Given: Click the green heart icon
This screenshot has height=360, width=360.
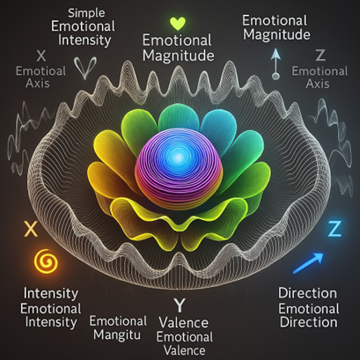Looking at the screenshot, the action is (x=178, y=24).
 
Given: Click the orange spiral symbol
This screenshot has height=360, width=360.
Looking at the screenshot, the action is (x=46, y=260).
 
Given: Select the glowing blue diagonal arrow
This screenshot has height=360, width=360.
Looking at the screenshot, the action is (x=308, y=263).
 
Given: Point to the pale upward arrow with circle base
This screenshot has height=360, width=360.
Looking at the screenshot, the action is (x=276, y=64).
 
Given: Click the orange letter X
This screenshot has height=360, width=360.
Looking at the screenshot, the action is (x=32, y=229).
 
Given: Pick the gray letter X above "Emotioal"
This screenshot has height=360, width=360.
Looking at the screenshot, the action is (x=41, y=55).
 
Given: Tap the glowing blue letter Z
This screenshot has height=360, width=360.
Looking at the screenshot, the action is (x=334, y=229).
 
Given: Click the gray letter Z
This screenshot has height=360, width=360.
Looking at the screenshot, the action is (x=320, y=55).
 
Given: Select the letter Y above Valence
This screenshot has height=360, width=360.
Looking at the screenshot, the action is (x=180, y=305).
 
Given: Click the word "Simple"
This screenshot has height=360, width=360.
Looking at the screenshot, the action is (x=86, y=13).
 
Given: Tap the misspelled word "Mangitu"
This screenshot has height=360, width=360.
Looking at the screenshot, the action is (x=117, y=334).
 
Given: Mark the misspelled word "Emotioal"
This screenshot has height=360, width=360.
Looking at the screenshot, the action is (x=40, y=71).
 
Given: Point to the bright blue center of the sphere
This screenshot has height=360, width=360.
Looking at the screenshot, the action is (x=178, y=158).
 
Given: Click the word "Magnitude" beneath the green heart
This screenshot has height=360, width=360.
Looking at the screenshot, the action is (x=179, y=55).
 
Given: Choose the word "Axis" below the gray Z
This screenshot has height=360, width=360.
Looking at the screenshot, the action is (x=318, y=84).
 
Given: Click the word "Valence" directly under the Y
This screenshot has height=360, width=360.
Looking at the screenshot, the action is (x=184, y=323).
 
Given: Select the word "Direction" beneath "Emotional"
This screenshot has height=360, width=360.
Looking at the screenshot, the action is (x=309, y=322).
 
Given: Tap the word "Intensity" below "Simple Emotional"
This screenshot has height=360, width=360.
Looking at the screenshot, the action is (x=84, y=40).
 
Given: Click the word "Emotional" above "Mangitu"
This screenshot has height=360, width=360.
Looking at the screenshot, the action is (x=118, y=321).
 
